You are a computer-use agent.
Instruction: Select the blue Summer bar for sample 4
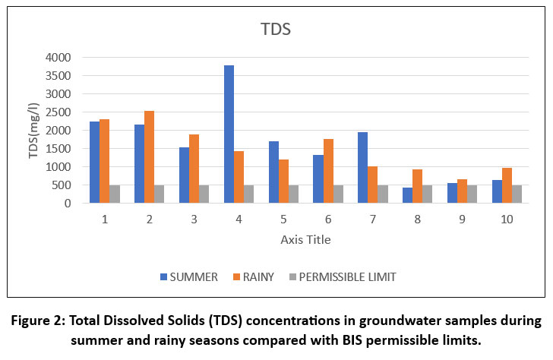229,134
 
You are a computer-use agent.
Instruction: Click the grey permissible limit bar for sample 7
383,194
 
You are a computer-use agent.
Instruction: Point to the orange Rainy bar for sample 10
507,185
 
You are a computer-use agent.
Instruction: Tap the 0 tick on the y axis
68,204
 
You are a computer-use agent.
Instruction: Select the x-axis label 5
284,219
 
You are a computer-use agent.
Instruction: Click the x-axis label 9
462,219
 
